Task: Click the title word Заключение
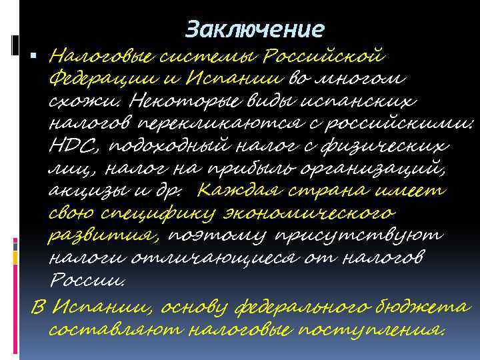255,29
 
